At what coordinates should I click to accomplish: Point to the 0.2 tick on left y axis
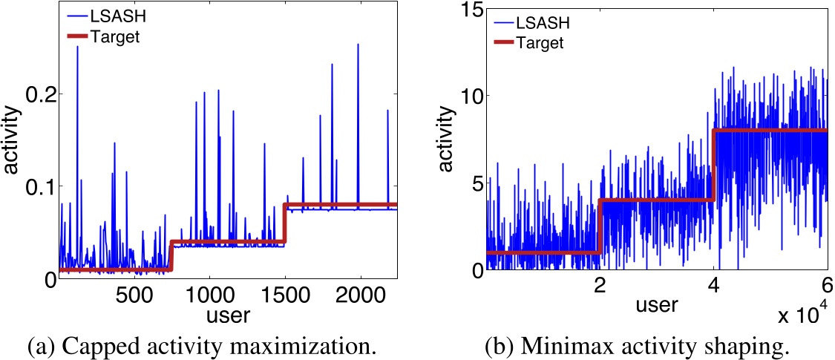pyautogui.click(x=35, y=94)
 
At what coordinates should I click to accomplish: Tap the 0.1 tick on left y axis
pyautogui.click(x=35, y=186)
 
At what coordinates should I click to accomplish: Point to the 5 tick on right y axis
pyautogui.click(x=470, y=184)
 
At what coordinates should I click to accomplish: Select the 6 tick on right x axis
pyautogui.click(x=826, y=285)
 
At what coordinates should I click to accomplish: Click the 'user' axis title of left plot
pyautogui.click(x=228, y=314)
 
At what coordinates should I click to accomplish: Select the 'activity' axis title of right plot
pyautogui.click(x=445, y=142)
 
